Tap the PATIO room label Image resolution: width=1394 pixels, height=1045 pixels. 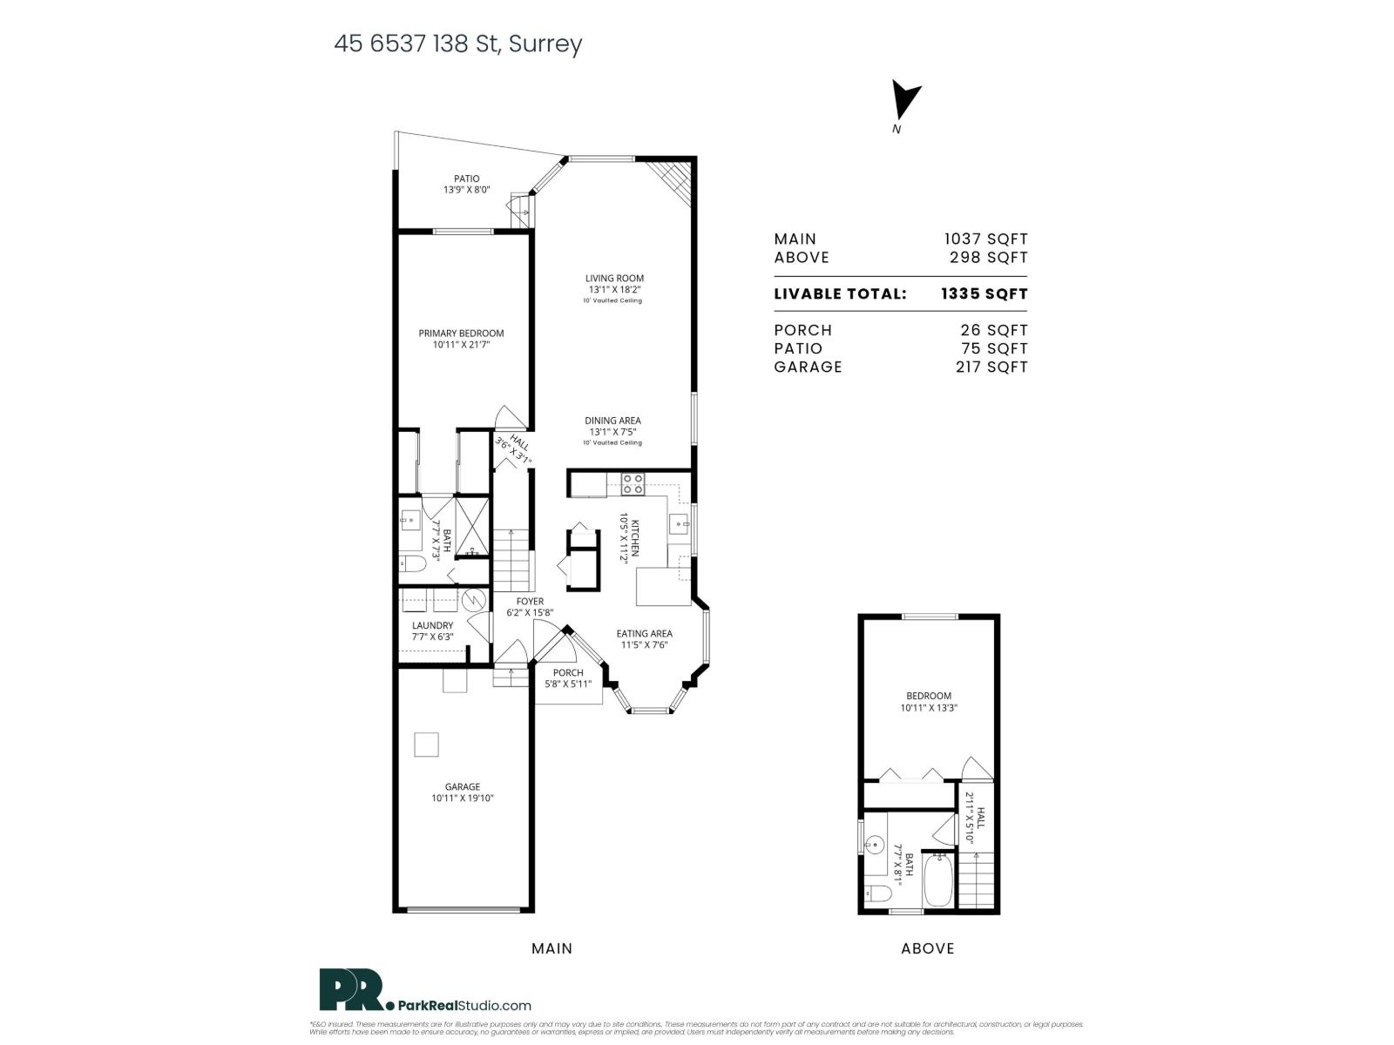[466, 179]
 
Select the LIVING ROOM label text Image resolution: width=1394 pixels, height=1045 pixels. [614, 279]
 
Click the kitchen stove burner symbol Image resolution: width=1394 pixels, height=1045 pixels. [633, 483]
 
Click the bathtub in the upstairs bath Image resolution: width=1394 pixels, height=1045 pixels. [939, 881]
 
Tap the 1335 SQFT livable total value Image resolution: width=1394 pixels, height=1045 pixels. [984, 293]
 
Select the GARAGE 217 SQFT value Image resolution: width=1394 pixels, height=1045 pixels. [991, 367]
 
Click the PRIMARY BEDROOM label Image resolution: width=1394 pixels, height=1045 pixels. [461, 334]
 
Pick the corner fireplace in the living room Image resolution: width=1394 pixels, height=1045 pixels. [676, 179]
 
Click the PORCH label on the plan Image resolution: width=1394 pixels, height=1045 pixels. [568, 672]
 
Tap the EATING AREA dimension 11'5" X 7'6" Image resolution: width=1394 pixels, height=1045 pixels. [644, 645]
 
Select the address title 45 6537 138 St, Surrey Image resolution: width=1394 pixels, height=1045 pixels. [457, 44]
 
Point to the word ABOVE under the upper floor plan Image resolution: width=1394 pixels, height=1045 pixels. [927, 948]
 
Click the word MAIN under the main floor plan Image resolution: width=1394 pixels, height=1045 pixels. [552, 948]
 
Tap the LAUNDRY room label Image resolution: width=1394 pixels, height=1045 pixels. [432, 625]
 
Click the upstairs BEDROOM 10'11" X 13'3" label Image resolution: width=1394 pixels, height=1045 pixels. [929, 702]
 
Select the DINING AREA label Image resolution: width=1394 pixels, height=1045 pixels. [612, 421]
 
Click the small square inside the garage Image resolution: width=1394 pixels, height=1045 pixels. [426, 745]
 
